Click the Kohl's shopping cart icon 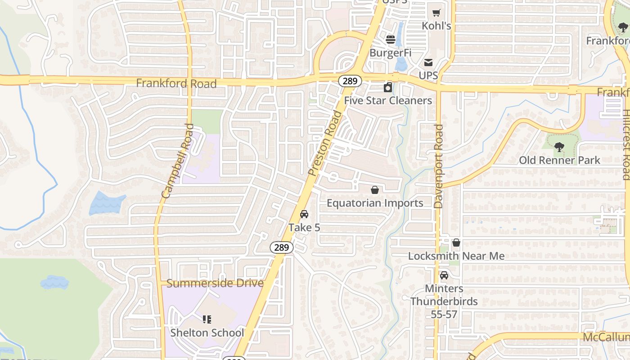[x=436, y=13]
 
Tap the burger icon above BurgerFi [x=391, y=40]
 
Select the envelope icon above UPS [x=428, y=63]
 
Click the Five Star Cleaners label [x=388, y=100]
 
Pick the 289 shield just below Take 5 [x=282, y=247]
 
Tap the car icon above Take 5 [x=304, y=214]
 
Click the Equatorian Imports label [x=375, y=203]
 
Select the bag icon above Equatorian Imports [x=375, y=190]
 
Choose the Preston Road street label [x=325, y=143]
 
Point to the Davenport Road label [x=439, y=166]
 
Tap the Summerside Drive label [x=215, y=283]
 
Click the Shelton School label [x=207, y=333]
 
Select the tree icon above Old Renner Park [x=559, y=147]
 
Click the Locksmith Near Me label [x=456, y=256]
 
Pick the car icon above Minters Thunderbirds [x=444, y=275]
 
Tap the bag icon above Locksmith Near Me [x=456, y=243]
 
